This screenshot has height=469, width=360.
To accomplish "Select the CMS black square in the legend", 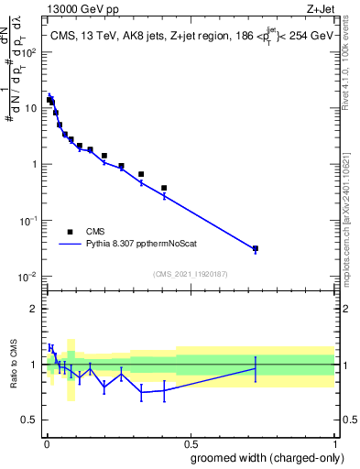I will [70, 232].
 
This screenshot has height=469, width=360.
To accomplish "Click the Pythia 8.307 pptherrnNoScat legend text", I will [148, 245].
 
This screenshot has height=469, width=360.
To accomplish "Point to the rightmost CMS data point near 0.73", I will [256, 248].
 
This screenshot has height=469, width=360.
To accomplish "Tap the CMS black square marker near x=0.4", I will [164, 188].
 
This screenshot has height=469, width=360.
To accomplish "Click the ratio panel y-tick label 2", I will [34, 309].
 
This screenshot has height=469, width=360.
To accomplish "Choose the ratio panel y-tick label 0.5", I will [30, 421].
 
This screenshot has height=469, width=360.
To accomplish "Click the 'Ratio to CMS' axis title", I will [13, 365].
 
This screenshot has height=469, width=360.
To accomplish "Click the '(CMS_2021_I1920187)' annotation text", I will [190, 273].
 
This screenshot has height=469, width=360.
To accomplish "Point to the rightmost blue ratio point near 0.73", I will [256, 368].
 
